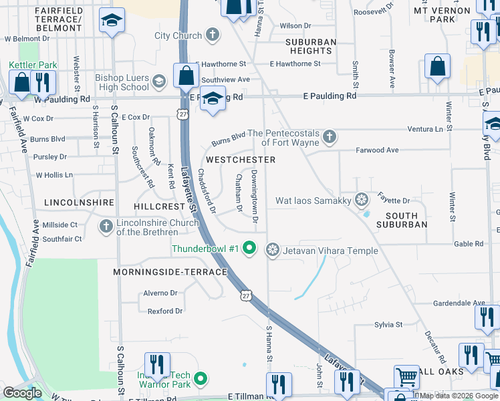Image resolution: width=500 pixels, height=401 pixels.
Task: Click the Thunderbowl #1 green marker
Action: [249, 249]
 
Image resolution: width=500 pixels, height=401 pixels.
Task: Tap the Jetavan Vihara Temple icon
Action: [272, 250]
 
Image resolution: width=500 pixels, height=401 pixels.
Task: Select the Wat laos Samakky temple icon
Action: [362, 199]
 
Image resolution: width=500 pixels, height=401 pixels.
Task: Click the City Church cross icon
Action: [213, 35]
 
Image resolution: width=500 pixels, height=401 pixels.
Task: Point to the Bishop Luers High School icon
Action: [159, 82]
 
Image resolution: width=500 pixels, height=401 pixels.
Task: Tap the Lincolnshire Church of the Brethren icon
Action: [106, 227]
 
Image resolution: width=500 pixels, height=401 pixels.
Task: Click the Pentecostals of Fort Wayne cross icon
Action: [329, 137]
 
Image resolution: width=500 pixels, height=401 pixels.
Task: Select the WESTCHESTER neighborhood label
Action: [241, 160]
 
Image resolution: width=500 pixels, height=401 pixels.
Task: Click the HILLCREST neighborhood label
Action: [158, 207]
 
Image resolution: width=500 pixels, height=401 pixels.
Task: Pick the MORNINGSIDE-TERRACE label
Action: [170, 272]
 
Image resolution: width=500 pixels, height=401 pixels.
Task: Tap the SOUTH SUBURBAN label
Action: [406, 220]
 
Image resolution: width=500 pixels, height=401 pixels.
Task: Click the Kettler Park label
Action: [33, 65]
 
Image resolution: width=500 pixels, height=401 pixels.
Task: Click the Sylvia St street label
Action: [388, 325]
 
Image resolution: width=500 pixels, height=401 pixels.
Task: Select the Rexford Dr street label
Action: [165, 311]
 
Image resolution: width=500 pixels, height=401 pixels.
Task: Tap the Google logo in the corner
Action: [23, 393]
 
